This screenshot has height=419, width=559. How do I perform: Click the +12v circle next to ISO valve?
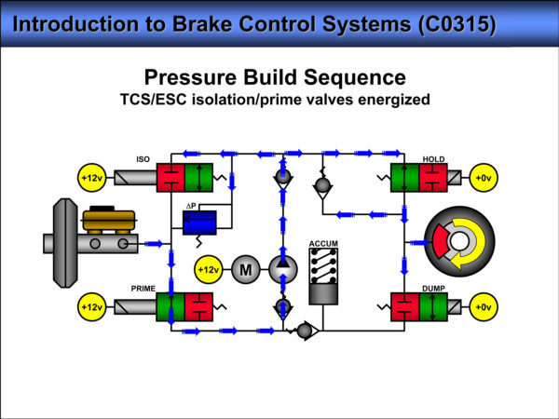tap(91, 177)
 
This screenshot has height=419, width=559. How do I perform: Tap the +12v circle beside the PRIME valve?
tap(91, 306)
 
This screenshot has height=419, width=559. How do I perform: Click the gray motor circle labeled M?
tap(246, 270)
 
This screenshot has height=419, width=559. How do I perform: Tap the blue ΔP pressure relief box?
tap(198, 222)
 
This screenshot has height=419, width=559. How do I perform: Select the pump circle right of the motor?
tap(282, 270)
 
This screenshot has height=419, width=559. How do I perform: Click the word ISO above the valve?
tap(143, 158)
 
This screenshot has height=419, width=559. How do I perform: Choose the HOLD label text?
tap(433, 158)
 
